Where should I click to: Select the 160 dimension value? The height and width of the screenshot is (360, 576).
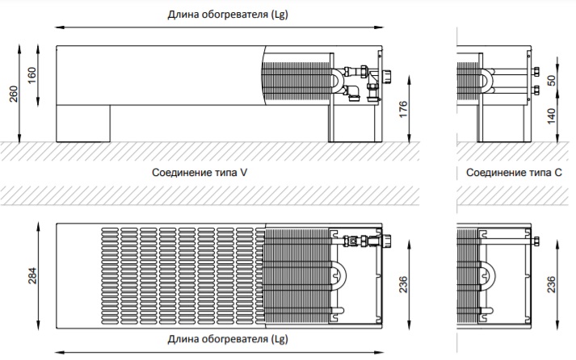(x=32, y=77)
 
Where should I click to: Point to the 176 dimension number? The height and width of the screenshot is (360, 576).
(x=403, y=110)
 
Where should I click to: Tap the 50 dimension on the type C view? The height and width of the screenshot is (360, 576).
(x=553, y=82)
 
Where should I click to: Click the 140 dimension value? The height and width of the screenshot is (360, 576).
(x=553, y=117)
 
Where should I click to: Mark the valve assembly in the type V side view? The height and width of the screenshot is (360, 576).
(x=359, y=82)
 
